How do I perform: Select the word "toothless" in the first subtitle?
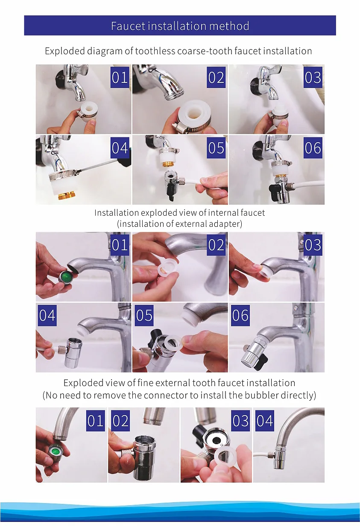click(x=155, y=51)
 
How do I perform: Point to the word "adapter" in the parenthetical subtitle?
click(x=226, y=224)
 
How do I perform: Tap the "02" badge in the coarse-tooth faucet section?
click(x=216, y=77)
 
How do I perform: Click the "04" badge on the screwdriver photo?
click(x=120, y=148)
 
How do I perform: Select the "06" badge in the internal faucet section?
click(x=240, y=315)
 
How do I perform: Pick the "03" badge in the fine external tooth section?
click(x=240, y=421)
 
